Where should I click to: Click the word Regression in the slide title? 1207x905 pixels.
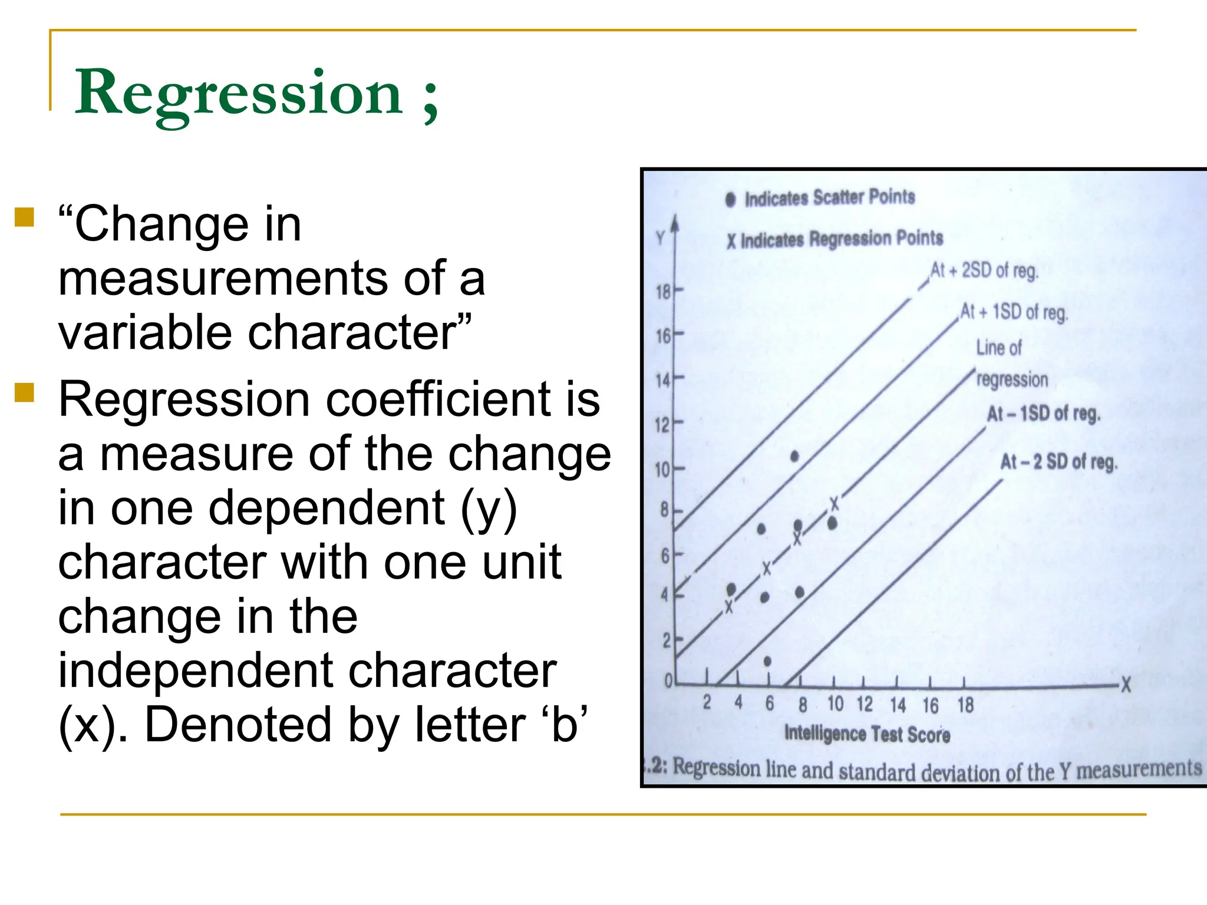[x=239, y=93]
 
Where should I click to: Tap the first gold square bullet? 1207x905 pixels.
[x=24, y=217]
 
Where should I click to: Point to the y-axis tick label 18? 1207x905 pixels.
[x=664, y=292]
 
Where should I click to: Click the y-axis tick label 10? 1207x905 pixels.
[x=662, y=470]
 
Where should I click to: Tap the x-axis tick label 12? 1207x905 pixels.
[x=865, y=704]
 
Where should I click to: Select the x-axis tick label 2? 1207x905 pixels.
[x=707, y=703]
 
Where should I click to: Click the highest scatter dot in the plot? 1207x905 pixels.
[x=794, y=456]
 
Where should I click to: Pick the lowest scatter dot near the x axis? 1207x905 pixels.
[x=767, y=662]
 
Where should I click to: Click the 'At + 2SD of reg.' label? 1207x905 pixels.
[x=984, y=271]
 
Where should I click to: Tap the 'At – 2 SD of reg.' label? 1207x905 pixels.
[x=1058, y=462]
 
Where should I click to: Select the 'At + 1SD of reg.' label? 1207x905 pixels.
[x=1014, y=312]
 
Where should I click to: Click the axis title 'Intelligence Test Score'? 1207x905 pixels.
[x=867, y=734]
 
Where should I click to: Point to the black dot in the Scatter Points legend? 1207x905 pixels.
[x=731, y=200]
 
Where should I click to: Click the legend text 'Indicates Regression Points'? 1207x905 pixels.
[x=842, y=239]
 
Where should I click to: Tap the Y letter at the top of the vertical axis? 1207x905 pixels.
[x=661, y=238]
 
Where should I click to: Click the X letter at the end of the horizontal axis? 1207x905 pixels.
[x=1126, y=685]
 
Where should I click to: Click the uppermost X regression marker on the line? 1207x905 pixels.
[x=834, y=504]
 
